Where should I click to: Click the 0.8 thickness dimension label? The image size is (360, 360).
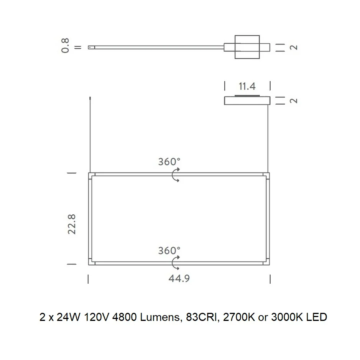click(x=65, y=46)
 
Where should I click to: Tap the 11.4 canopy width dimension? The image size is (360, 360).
click(x=247, y=86)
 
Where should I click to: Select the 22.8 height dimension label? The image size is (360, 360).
click(x=72, y=224)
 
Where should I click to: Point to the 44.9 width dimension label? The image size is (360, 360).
click(x=179, y=278)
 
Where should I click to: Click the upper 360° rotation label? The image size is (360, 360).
click(x=169, y=162)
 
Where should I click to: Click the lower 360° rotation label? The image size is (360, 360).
click(x=169, y=250)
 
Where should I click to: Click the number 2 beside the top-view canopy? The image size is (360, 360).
click(x=294, y=48)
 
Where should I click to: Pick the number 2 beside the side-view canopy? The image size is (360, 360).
click(x=294, y=101)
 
